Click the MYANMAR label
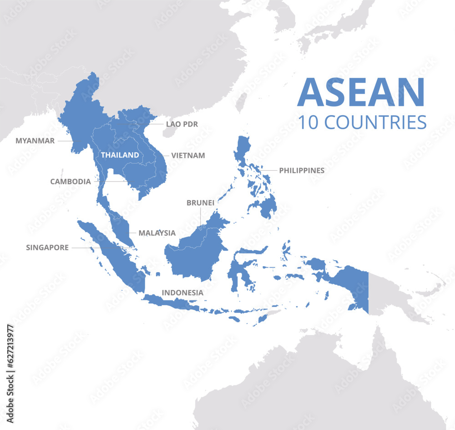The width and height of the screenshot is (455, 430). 35,141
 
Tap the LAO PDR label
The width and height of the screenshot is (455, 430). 182,124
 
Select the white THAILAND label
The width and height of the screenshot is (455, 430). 120,155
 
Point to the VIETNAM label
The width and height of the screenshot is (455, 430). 188,155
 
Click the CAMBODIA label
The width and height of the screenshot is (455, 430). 71,182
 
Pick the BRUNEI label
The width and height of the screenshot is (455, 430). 200,203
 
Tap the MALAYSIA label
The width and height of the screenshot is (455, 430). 157,233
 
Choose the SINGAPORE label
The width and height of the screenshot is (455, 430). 47,248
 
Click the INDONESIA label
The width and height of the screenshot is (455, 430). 182,293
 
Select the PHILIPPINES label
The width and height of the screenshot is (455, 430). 302,171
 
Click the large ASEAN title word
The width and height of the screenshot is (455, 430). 361,93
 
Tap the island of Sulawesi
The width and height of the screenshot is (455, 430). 237,268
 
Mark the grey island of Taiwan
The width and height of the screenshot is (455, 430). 242,101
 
